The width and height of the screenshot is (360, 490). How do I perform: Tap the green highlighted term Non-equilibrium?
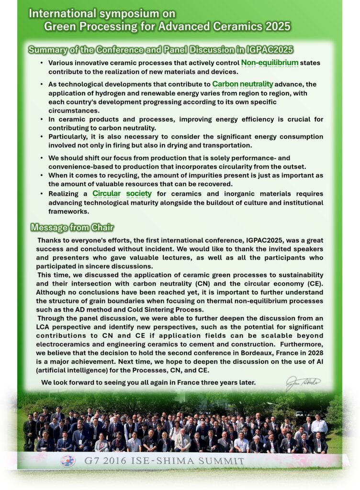pos(270,63)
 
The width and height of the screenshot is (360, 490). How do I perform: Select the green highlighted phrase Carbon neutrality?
pos(243,84)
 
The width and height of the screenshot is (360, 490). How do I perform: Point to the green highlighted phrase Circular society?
pos(122,194)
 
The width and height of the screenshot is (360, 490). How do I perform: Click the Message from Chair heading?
pos(72,227)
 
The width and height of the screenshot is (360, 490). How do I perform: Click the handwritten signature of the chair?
pos(303,383)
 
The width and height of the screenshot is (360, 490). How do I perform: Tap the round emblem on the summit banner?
pos(67,461)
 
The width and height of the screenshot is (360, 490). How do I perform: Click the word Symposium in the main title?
pos(118,13)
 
